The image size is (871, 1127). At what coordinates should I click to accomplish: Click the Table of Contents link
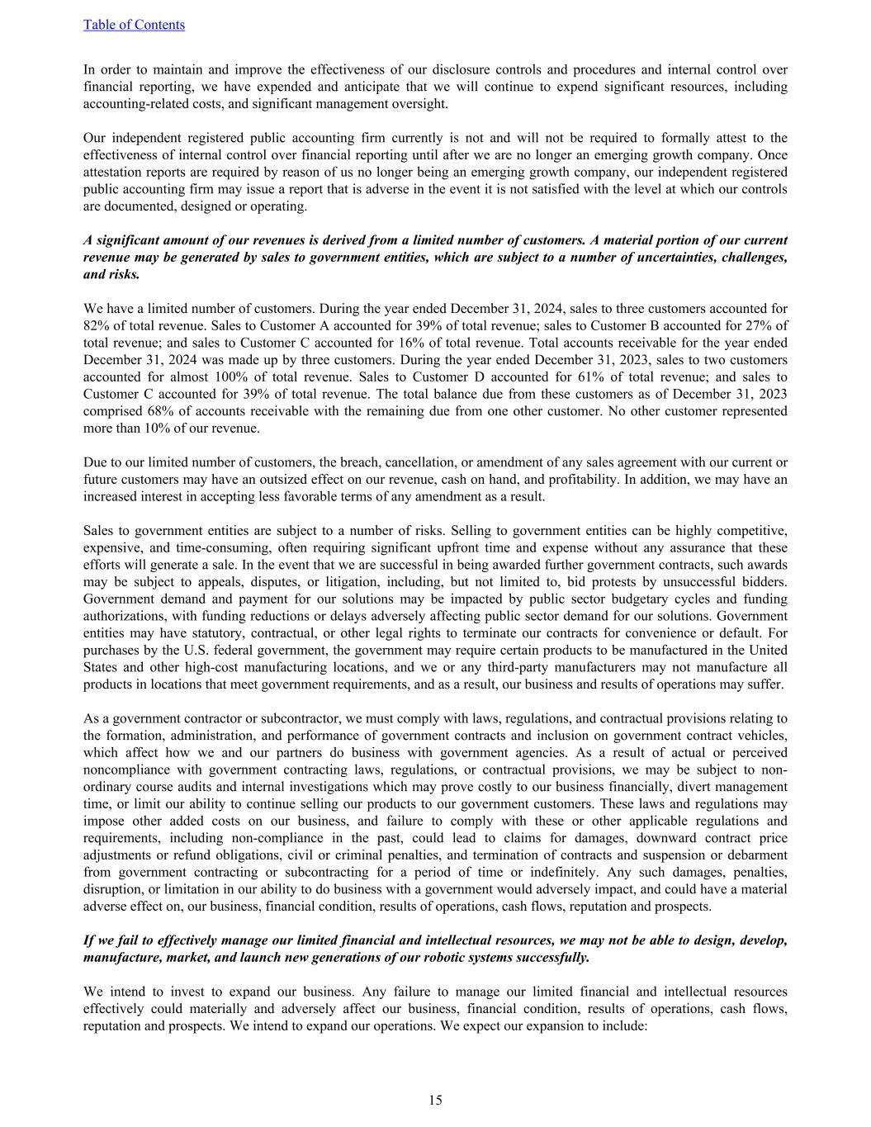click(x=134, y=25)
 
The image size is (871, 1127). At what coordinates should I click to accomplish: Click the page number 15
click(x=435, y=1100)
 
